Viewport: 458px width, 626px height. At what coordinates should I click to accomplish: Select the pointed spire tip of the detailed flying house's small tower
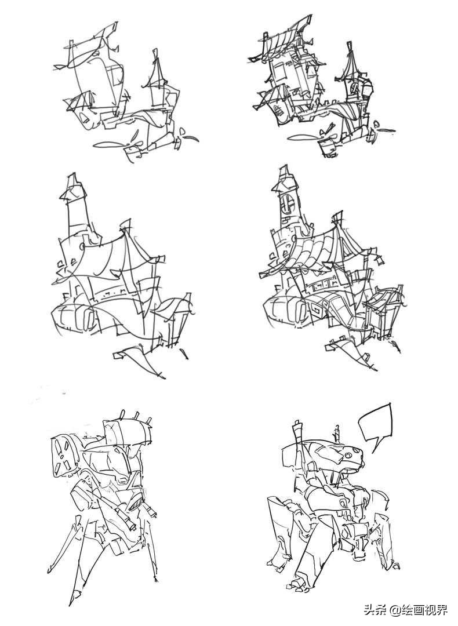tap(350, 46)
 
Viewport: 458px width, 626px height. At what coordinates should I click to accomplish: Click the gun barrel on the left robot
tap(125, 513)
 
